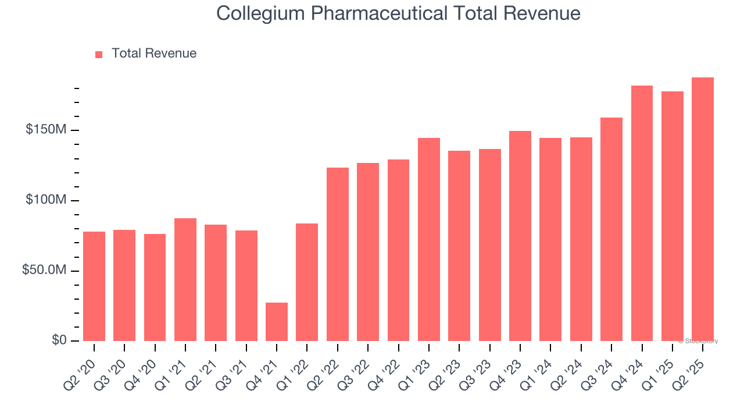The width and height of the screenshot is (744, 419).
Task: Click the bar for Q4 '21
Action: [x=277, y=322]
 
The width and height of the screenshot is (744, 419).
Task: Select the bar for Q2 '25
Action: [x=703, y=210]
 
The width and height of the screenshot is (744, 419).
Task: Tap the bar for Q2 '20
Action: [x=94, y=286]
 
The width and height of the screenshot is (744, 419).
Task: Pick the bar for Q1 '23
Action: [x=429, y=239]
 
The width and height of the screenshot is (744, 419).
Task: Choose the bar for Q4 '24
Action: [x=642, y=213]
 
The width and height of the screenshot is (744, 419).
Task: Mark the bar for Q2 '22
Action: [x=338, y=254]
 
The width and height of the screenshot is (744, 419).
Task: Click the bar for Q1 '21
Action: [x=185, y=279]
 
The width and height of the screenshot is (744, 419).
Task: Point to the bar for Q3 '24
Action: [x=611, y=229]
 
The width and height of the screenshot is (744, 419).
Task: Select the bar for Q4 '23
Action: [x=520, y=236]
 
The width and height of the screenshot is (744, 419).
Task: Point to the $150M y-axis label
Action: [x=45, y=130]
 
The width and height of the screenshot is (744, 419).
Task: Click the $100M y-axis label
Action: [x=45, y=200]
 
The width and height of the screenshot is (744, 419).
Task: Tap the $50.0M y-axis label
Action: [x=44, y=271]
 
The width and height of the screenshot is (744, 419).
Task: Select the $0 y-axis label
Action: [x=59, y=340]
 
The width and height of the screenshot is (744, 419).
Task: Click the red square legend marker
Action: [x=99, y=54]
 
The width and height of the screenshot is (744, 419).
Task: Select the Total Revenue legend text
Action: [x=154, y=54]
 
